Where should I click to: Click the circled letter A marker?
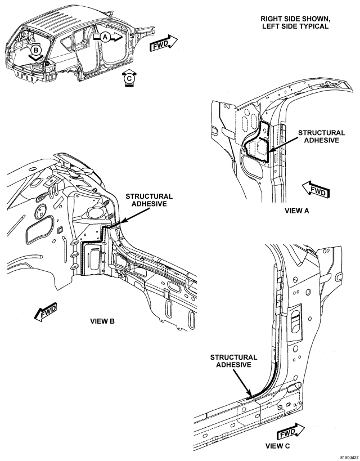pyautogui.click(x=105, y=37)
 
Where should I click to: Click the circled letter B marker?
pyautogui.click(x=35, y=50)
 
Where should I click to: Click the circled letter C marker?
pyautogui.click(x=129, y=78)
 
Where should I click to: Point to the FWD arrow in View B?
pyautogui.click(x=46, y=311)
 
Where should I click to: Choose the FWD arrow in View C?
pyautogui.click(x=290, y=431)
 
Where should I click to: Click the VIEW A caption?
pyautogui.click(x=297, y=211)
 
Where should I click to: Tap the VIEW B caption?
pyautogui.click(x=102, y=321)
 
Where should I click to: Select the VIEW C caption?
pyautogui.click(x=277, y=446)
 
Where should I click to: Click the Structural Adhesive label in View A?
pyautogui.click(x=322, y=136)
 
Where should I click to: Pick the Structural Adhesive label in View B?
pyautogui.click(x=149, y=200)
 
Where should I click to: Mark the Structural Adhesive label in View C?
pyautogui.click(x=233, y=361)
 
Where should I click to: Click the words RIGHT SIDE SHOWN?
pyautogui.click(x=295, y=19)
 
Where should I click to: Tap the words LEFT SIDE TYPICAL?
pyautogui.click(x=295, y=26)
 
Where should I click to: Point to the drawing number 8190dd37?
pyautogui.click(x=349, y=458)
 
